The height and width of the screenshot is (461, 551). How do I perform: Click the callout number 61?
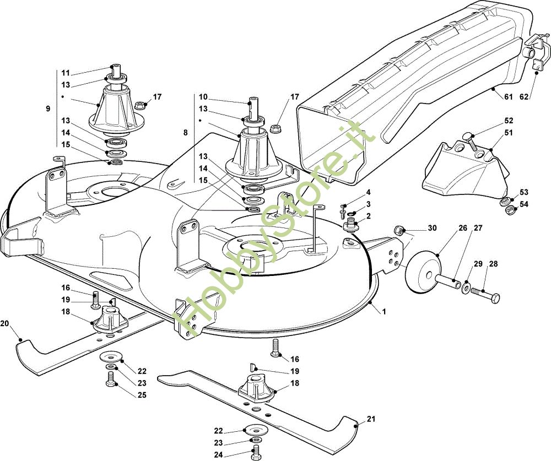coord(508,97)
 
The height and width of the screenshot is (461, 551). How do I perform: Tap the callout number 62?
coord(524,97)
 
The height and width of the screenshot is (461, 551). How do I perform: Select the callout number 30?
coord(432,228)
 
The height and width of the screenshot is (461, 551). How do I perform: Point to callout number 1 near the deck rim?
coord(384,312)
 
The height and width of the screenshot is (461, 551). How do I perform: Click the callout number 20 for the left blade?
coord(5,323)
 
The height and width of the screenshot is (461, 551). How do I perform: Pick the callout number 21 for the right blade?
coord(371,419)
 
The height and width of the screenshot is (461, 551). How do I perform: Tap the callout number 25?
coord(142,395)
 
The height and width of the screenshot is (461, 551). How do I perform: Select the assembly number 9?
coord(48,109)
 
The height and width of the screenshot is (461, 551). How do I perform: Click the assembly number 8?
coord(185,132)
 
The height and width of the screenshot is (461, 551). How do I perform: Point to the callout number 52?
coord(508,120)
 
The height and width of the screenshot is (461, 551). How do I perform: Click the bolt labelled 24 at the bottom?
coord(255,454)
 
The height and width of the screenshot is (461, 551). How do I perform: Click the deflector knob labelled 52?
coord(467,135)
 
